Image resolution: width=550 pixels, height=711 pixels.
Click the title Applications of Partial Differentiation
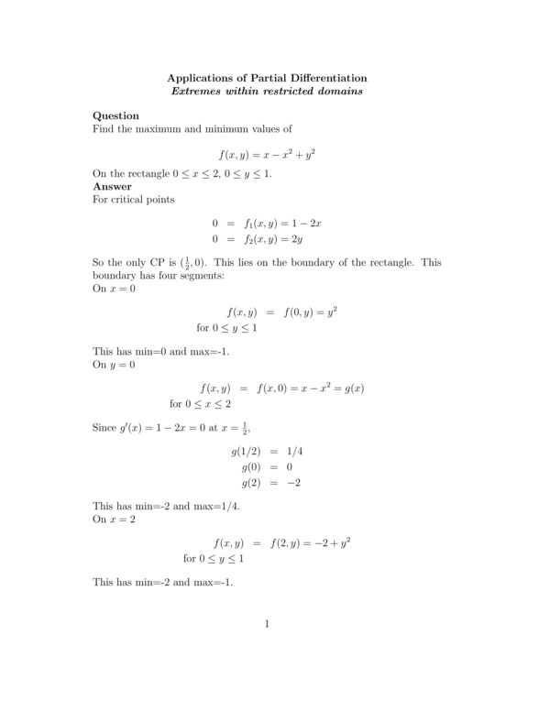click(267, 78)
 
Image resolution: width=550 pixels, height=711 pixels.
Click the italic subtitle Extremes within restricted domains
click(267, 91)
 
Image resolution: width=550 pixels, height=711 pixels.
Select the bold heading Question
click(116, 115)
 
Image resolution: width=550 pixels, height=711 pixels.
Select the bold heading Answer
click(113, 186)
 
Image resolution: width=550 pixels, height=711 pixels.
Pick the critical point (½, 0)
click(190, 263)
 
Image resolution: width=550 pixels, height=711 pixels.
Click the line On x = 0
click(114, 288)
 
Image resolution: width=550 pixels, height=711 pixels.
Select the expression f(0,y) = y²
click(311, 312)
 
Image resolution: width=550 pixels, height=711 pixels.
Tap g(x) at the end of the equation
click(349, 388)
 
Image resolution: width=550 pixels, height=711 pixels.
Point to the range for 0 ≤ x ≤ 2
click(201, 404)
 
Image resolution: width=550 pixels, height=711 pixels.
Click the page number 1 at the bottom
click(267, 625)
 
